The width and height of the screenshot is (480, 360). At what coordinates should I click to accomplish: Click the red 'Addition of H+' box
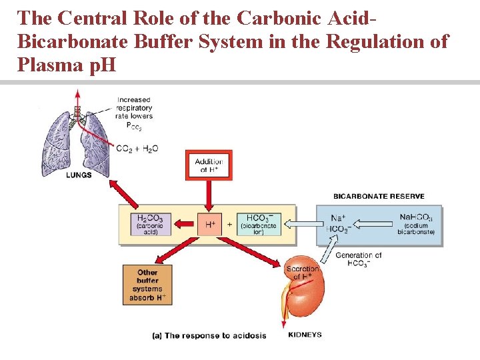[208, 165]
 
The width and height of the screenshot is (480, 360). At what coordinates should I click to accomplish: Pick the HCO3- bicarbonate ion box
[259, 223]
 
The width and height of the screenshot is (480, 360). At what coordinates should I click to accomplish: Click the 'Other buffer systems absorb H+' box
[147, 285]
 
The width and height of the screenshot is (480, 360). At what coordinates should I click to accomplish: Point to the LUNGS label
[78, 175]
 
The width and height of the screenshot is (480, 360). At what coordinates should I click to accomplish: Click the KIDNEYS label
[305, 335]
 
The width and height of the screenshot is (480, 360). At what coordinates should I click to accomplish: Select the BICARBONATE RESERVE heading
[379, 197]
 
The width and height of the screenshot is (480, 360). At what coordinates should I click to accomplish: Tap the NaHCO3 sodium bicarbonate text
[416, 224]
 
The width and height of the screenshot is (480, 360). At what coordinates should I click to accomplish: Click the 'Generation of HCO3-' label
[358, 259]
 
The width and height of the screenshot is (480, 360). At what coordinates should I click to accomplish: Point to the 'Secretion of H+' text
[301, 273]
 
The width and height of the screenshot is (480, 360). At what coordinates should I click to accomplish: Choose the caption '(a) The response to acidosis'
[209, 335]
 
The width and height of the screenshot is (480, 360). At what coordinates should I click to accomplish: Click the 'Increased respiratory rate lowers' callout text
[134, 108]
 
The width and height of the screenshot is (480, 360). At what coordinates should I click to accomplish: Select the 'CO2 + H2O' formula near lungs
[137, 149]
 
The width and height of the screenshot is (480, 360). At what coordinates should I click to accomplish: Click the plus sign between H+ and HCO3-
[230, 225]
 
